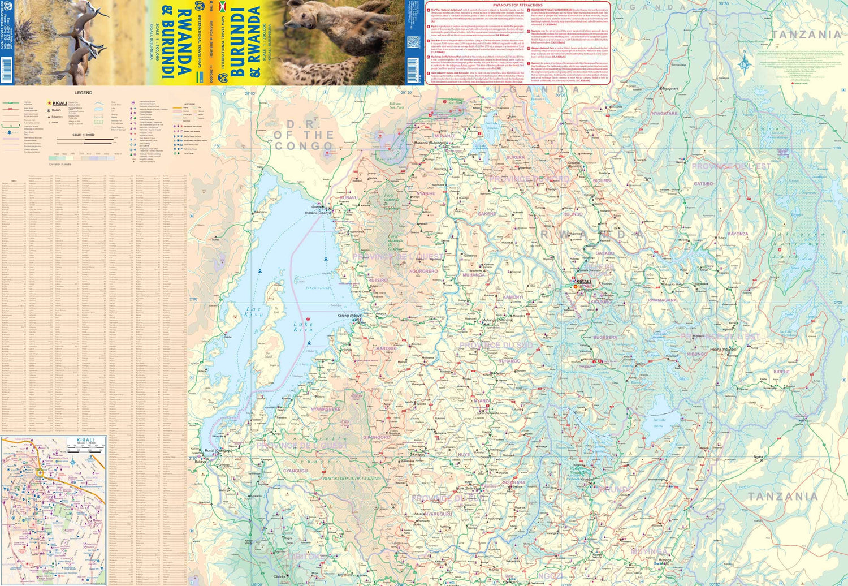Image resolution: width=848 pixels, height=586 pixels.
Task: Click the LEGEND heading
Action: pos(83,92)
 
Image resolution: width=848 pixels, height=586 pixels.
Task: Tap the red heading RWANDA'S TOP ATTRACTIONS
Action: pos(518,5)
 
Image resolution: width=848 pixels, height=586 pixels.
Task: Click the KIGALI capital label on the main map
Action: pos(583,281)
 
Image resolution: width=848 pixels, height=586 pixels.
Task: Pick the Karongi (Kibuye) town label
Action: pos(350,316)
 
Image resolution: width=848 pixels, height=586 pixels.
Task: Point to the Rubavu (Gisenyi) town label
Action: pos(318,213)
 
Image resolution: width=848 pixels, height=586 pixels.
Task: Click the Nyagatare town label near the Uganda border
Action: pos(670,89)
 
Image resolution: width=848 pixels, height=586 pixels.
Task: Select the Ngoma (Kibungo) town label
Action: pos(723,350)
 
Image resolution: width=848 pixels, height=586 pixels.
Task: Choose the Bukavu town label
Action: pos(201,462)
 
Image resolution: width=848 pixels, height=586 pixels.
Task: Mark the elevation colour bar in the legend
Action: pos(85,157)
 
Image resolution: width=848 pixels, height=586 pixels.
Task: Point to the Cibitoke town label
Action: pos(280,577)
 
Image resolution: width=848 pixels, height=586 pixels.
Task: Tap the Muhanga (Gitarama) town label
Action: pos(497,320)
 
